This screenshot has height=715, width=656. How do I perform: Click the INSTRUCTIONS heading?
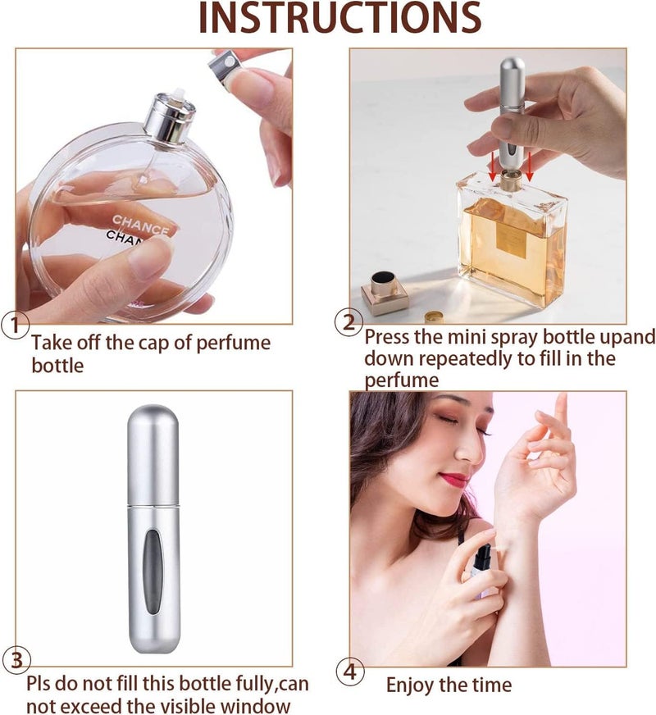(x=340, y=18)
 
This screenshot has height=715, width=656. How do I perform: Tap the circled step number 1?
(x=15, y=326)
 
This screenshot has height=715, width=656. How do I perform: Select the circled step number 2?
(x=348, y=322)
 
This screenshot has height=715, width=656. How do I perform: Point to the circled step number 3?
(x=17, y=660)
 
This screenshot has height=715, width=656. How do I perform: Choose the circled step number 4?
(x=350, y=672)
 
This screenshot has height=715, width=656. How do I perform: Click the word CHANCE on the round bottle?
(x=140, y=225)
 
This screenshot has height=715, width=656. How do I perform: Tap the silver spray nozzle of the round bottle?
(x=170, y=116)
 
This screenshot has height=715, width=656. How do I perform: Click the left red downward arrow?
(x=492, y=166)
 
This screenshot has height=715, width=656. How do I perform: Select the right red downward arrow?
(x=529, y=166)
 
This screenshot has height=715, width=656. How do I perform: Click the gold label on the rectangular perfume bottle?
(x=512, y=241)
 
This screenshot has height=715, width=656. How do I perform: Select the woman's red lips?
(x=453, y=480)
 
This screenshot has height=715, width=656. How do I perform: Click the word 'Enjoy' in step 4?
(x=410, y=685)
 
